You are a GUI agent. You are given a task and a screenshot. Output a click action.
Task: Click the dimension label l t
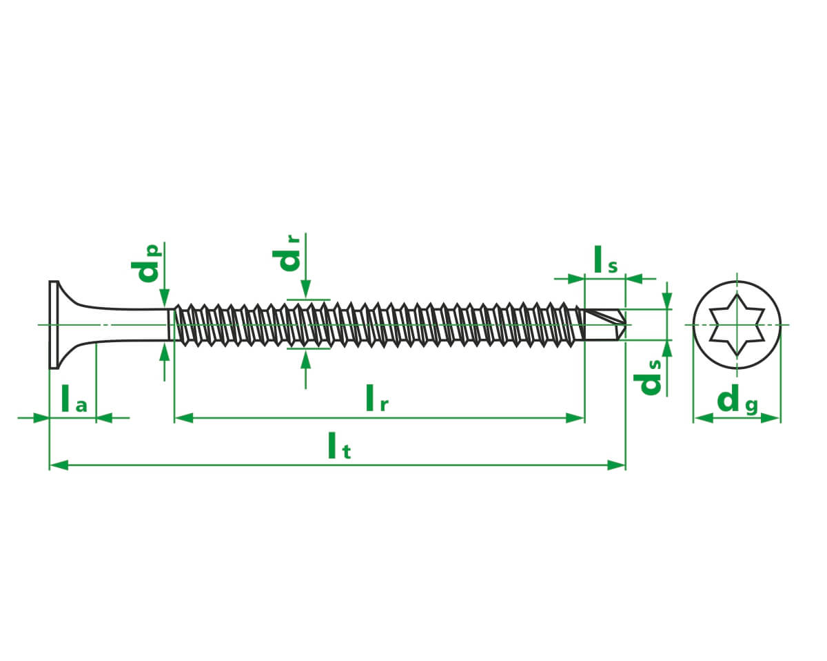tap(339, 445)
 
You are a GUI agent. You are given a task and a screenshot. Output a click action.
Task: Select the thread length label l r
tap(376, 398)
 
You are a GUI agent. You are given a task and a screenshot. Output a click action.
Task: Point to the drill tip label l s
tap(606, 260)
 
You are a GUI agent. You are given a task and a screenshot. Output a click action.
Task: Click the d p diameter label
tap(146, 264)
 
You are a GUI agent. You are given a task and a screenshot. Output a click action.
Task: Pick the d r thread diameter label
tap(286, 253)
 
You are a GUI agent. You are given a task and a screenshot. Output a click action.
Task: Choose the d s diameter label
tap(647, 377)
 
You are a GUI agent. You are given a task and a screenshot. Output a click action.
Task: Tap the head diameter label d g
tap(737, 401)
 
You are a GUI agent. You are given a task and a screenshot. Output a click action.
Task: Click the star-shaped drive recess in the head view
tap(737, 325)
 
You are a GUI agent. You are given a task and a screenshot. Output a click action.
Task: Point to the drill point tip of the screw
tap(626, 325)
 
